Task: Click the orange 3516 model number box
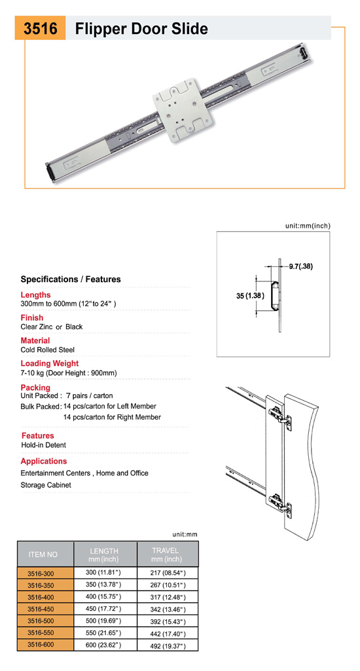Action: tap(40, 28)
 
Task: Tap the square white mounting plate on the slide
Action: tap(183, 110)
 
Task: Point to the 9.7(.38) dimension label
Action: tap(300, 266)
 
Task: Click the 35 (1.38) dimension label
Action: tap(250, 296)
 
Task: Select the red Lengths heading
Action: tap(35, 295)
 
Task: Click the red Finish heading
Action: tap(31, 317)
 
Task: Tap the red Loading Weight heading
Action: tap(50, 363)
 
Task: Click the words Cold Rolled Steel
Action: tap(48, 350)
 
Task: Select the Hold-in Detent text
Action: tap(44, 445)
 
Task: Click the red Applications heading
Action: tap(44, 461)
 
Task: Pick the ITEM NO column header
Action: tap(43, 554)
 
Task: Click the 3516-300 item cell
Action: tap(41, 573)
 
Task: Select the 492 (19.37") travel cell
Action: tap(168, 645)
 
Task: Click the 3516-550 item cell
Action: tap(41, 632)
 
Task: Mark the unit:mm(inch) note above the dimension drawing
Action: tap(308, 226)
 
